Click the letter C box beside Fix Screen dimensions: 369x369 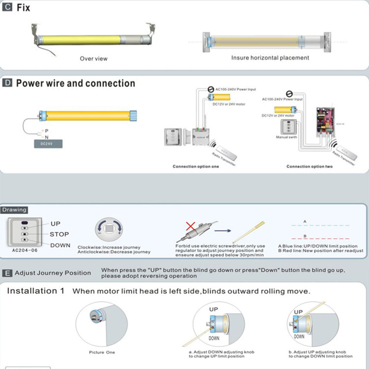point(7,7)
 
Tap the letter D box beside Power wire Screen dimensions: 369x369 point(7,83)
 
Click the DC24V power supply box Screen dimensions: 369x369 point(48,144)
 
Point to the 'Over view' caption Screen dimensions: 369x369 point(94,58)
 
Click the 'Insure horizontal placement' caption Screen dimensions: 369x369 point(270,58)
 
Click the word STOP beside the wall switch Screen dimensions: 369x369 point(59,234)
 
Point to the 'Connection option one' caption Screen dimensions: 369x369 point(196,166)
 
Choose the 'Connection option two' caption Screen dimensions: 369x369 point(309,166)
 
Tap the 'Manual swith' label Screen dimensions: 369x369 point(287,137)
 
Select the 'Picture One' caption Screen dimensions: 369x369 point(102,352)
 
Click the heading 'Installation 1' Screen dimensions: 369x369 point(35,291)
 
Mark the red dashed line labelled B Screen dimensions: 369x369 point(320,239)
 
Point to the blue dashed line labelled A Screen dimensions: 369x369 point(320,225)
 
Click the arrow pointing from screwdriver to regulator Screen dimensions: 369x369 point(223,231)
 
